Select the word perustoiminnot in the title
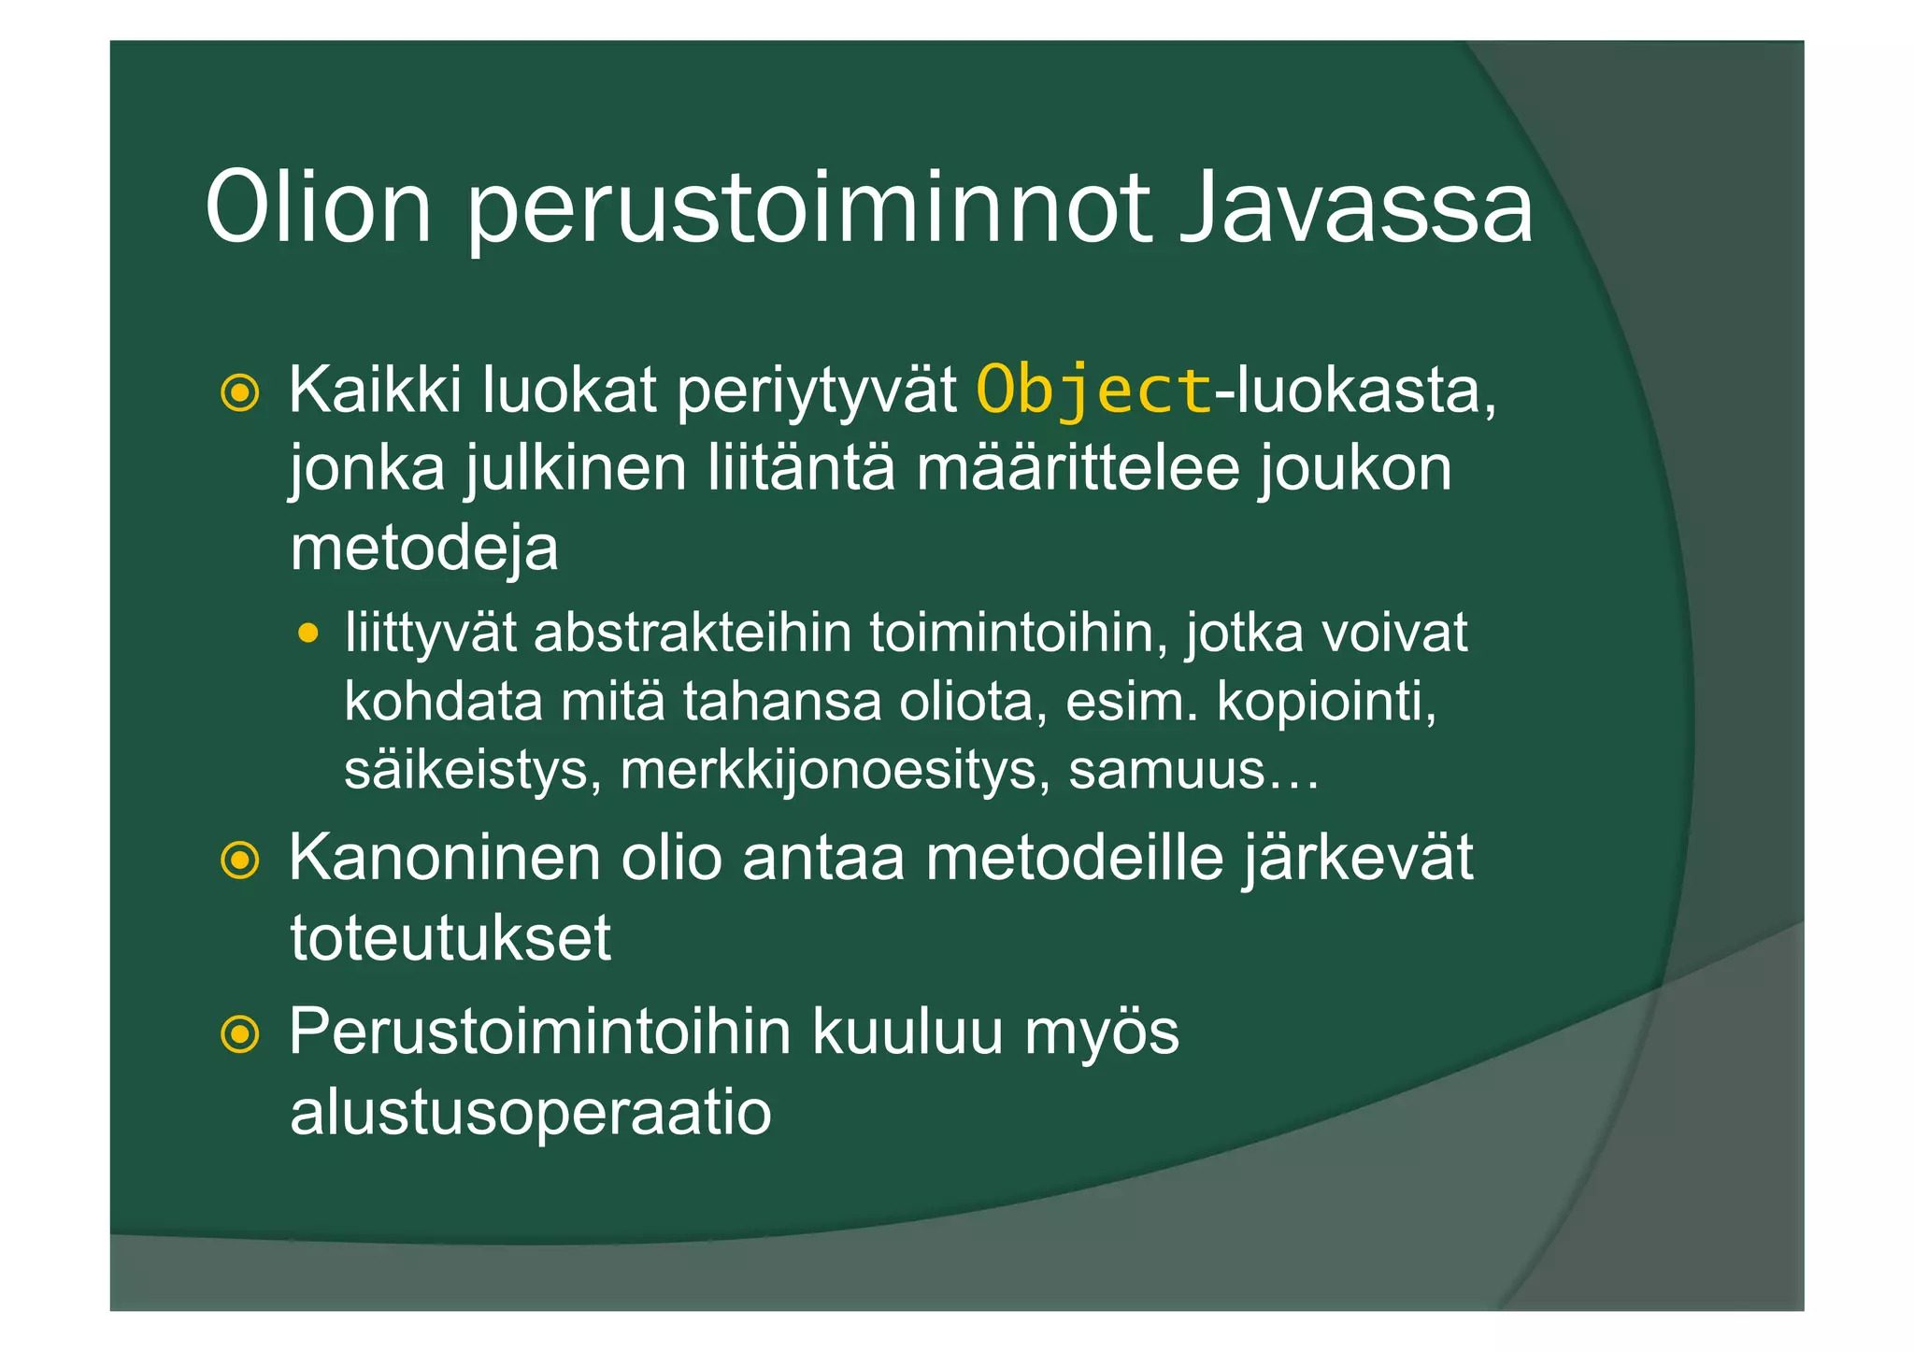click(x=807, y=210)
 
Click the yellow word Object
click(x=1093, y=390)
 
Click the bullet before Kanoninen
click(x=240, y=860)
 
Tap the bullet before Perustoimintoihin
click(x=240, y=1033)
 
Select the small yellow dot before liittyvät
click(x=307, y=634)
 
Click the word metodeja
click(x=424, y=548)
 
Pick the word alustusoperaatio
click(x=531, y=1112)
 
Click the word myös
click(x=1102, y=1032)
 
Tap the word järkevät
click(x=1357, y=858)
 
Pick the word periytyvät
click(x=816, y=391)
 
